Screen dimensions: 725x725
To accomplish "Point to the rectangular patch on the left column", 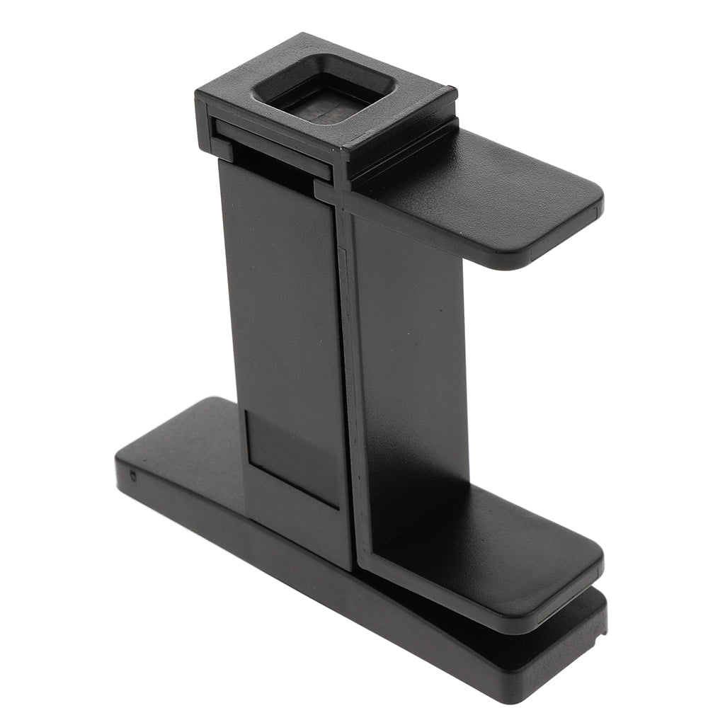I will coord(290,460).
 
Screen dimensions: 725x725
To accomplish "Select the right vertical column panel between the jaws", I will coord(411,368).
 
